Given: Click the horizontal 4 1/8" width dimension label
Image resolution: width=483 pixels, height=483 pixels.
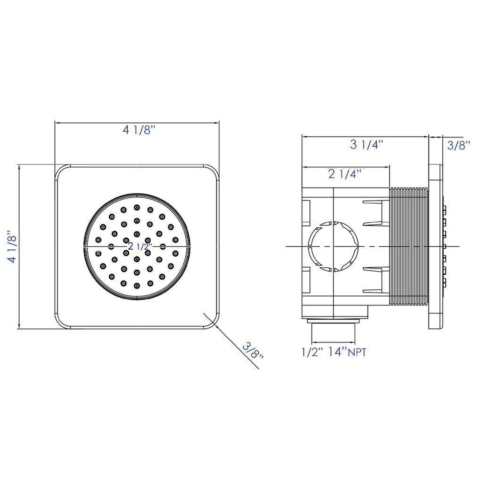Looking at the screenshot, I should (139, 130).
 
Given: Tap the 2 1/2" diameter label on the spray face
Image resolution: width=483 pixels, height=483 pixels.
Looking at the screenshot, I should (140, 246).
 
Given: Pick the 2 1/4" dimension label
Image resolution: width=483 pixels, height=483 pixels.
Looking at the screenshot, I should (345, 174).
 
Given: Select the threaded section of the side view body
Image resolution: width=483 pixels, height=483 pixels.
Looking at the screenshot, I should (409, 246).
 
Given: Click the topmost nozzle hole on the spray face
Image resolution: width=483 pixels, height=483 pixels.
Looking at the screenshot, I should (137, 208).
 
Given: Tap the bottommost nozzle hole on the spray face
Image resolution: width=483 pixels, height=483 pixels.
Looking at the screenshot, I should (137, 285).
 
